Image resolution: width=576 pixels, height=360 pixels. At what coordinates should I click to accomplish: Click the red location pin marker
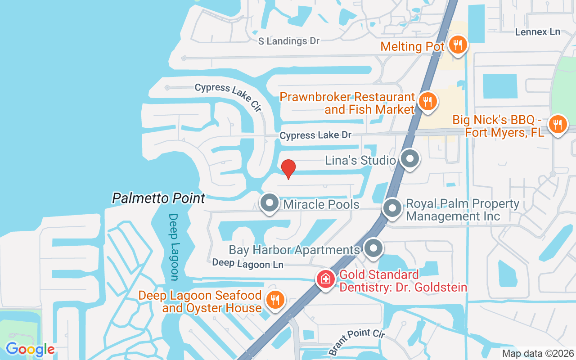[288, 169]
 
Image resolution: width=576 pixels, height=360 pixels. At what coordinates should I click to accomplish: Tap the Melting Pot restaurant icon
[458, 45]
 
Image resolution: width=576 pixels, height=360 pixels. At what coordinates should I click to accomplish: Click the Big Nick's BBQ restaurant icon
[558, 124]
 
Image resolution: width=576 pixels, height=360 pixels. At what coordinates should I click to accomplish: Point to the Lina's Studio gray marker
[409, 159]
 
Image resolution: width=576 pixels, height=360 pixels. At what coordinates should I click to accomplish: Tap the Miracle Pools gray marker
[270, 203]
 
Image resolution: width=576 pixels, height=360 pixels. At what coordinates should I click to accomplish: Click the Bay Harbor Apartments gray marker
[373, 248]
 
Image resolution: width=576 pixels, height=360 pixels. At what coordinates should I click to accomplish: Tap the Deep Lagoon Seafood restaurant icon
[274, 300]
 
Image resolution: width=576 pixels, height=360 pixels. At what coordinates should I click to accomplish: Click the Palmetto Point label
[158, 198]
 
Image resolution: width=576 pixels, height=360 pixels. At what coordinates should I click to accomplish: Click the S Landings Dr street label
[288, 41]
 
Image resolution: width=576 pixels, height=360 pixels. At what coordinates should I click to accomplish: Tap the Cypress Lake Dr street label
[315, 135]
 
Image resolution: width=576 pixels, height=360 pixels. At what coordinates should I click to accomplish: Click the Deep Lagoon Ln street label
[247, 264]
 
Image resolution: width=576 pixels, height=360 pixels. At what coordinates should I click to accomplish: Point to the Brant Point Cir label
[357, 341]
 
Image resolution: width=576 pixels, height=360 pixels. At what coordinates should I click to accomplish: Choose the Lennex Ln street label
[537, 32]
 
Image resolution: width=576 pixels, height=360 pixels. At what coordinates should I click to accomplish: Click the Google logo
[30, 349]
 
